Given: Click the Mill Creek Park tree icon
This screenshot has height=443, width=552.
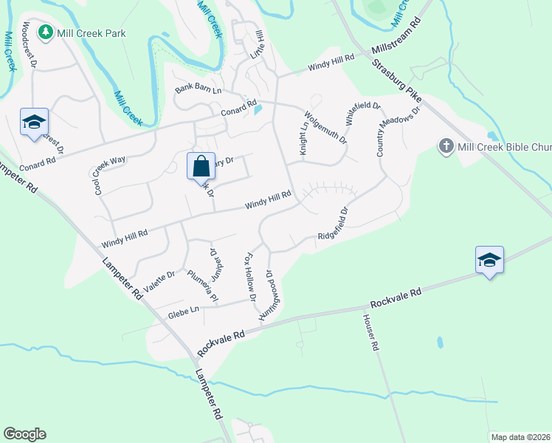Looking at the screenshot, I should [x=46, y=32].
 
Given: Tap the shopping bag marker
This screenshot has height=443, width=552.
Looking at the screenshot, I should [x=201, y=166].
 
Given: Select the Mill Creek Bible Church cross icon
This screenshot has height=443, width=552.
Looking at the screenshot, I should [x=446, y=145].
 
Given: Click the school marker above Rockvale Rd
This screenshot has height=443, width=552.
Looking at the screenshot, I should [x=489, y=260].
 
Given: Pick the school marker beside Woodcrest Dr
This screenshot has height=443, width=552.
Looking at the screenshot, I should [x=34, y=122].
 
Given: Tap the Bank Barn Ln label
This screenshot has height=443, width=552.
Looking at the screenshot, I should [x=198, y=89].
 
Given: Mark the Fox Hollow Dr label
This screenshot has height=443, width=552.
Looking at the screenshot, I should [x=249, y=278].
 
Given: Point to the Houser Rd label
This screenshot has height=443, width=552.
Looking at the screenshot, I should [x=370, y=332].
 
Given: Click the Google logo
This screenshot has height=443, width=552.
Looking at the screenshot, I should [x=24, y=434].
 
